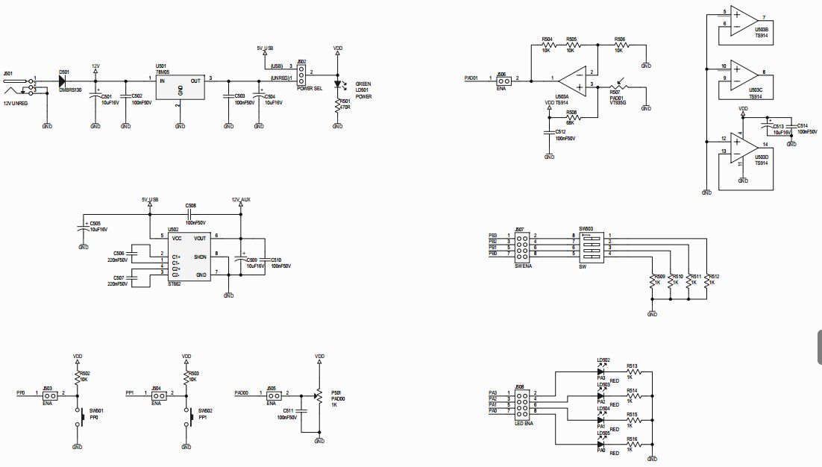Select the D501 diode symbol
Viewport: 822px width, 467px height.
(x=63, y=81)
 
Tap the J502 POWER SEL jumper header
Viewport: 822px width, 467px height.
(x=302, y=73)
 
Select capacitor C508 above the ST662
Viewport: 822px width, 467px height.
(x=192, y=214)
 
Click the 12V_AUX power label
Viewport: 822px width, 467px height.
(x=240, y=200)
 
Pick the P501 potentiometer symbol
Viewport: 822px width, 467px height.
(x=319, y=396)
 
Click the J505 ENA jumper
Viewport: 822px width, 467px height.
(x=271, y=393)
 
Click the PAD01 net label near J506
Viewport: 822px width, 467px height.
(x=471, y=78)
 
